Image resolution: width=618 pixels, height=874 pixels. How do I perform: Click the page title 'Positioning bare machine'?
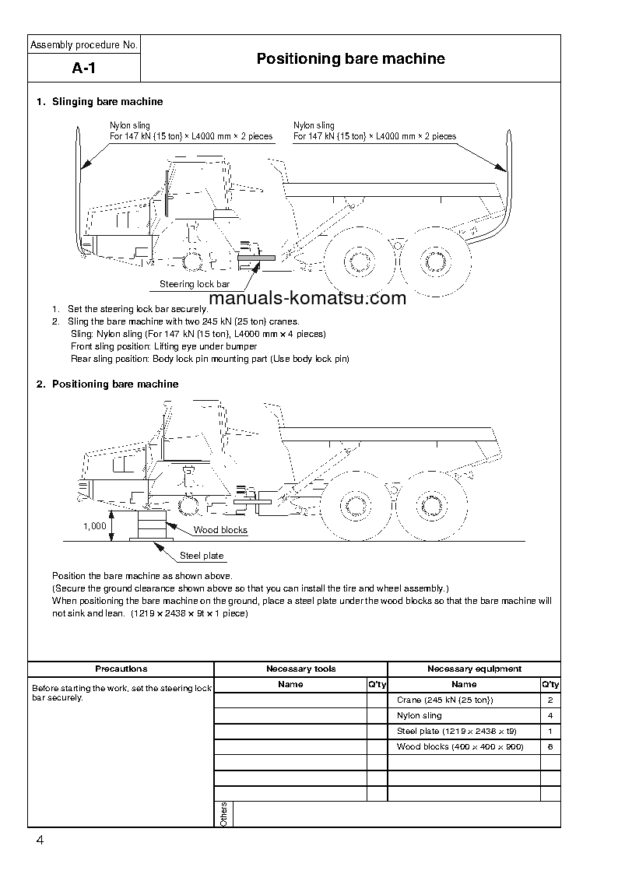[x=350, y=59]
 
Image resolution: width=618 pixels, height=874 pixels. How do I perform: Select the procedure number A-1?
[x=83, y=68]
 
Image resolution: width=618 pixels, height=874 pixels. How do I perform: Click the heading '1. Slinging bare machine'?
[x=100, y=102]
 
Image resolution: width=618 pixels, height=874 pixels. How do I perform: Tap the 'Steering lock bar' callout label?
[x=195, y=284]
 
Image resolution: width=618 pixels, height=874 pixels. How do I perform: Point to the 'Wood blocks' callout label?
[x=220, y=530]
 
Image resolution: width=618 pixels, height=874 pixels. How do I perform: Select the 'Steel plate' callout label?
[x=202, y=556]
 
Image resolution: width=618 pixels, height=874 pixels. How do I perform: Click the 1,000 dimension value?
[x=94, y=526]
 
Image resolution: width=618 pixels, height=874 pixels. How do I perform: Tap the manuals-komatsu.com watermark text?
[x=307, y=299]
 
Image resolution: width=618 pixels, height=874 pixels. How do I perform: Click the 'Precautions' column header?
[x=121, y=669]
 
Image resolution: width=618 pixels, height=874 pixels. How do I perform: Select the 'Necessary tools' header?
[x=300, y=669]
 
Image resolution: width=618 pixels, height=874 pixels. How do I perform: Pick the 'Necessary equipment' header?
[x=474, y=669]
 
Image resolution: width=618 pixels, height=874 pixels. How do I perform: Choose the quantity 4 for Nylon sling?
[x=550, y=715]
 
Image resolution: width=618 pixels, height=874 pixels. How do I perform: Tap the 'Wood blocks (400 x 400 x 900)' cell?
[x=460, y=746]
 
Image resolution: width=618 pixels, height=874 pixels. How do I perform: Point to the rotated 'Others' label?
[x=223, y=813]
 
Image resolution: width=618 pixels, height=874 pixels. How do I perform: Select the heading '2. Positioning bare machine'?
[x=107, y=384]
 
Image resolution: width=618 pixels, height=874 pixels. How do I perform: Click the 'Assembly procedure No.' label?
[x=84, y=45]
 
